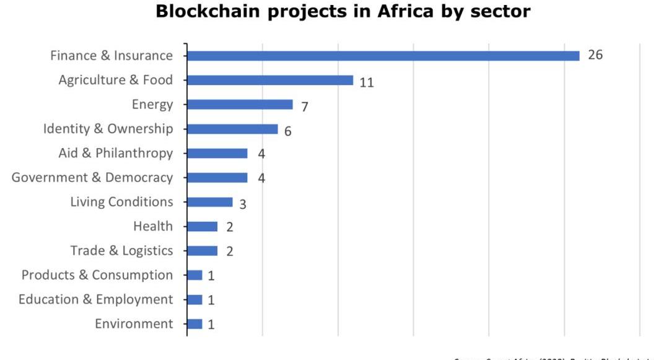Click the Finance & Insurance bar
[383, 56]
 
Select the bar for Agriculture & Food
[270, 81]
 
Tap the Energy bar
[240, 105]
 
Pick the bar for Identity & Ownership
[232, 129]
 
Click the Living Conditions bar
[209, 202]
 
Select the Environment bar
[195, 324]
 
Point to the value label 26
[595, 55]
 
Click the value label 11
[367, 82]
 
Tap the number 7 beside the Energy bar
[305, 107]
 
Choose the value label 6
[288, 131]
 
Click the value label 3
[243, 204]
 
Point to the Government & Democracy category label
[92, 178]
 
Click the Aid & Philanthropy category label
[116, 153]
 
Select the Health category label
[153, 226]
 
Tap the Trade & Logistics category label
[121, 251]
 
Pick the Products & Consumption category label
[97, 275]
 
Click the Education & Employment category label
[96, 300]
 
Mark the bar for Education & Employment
[195, 300]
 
